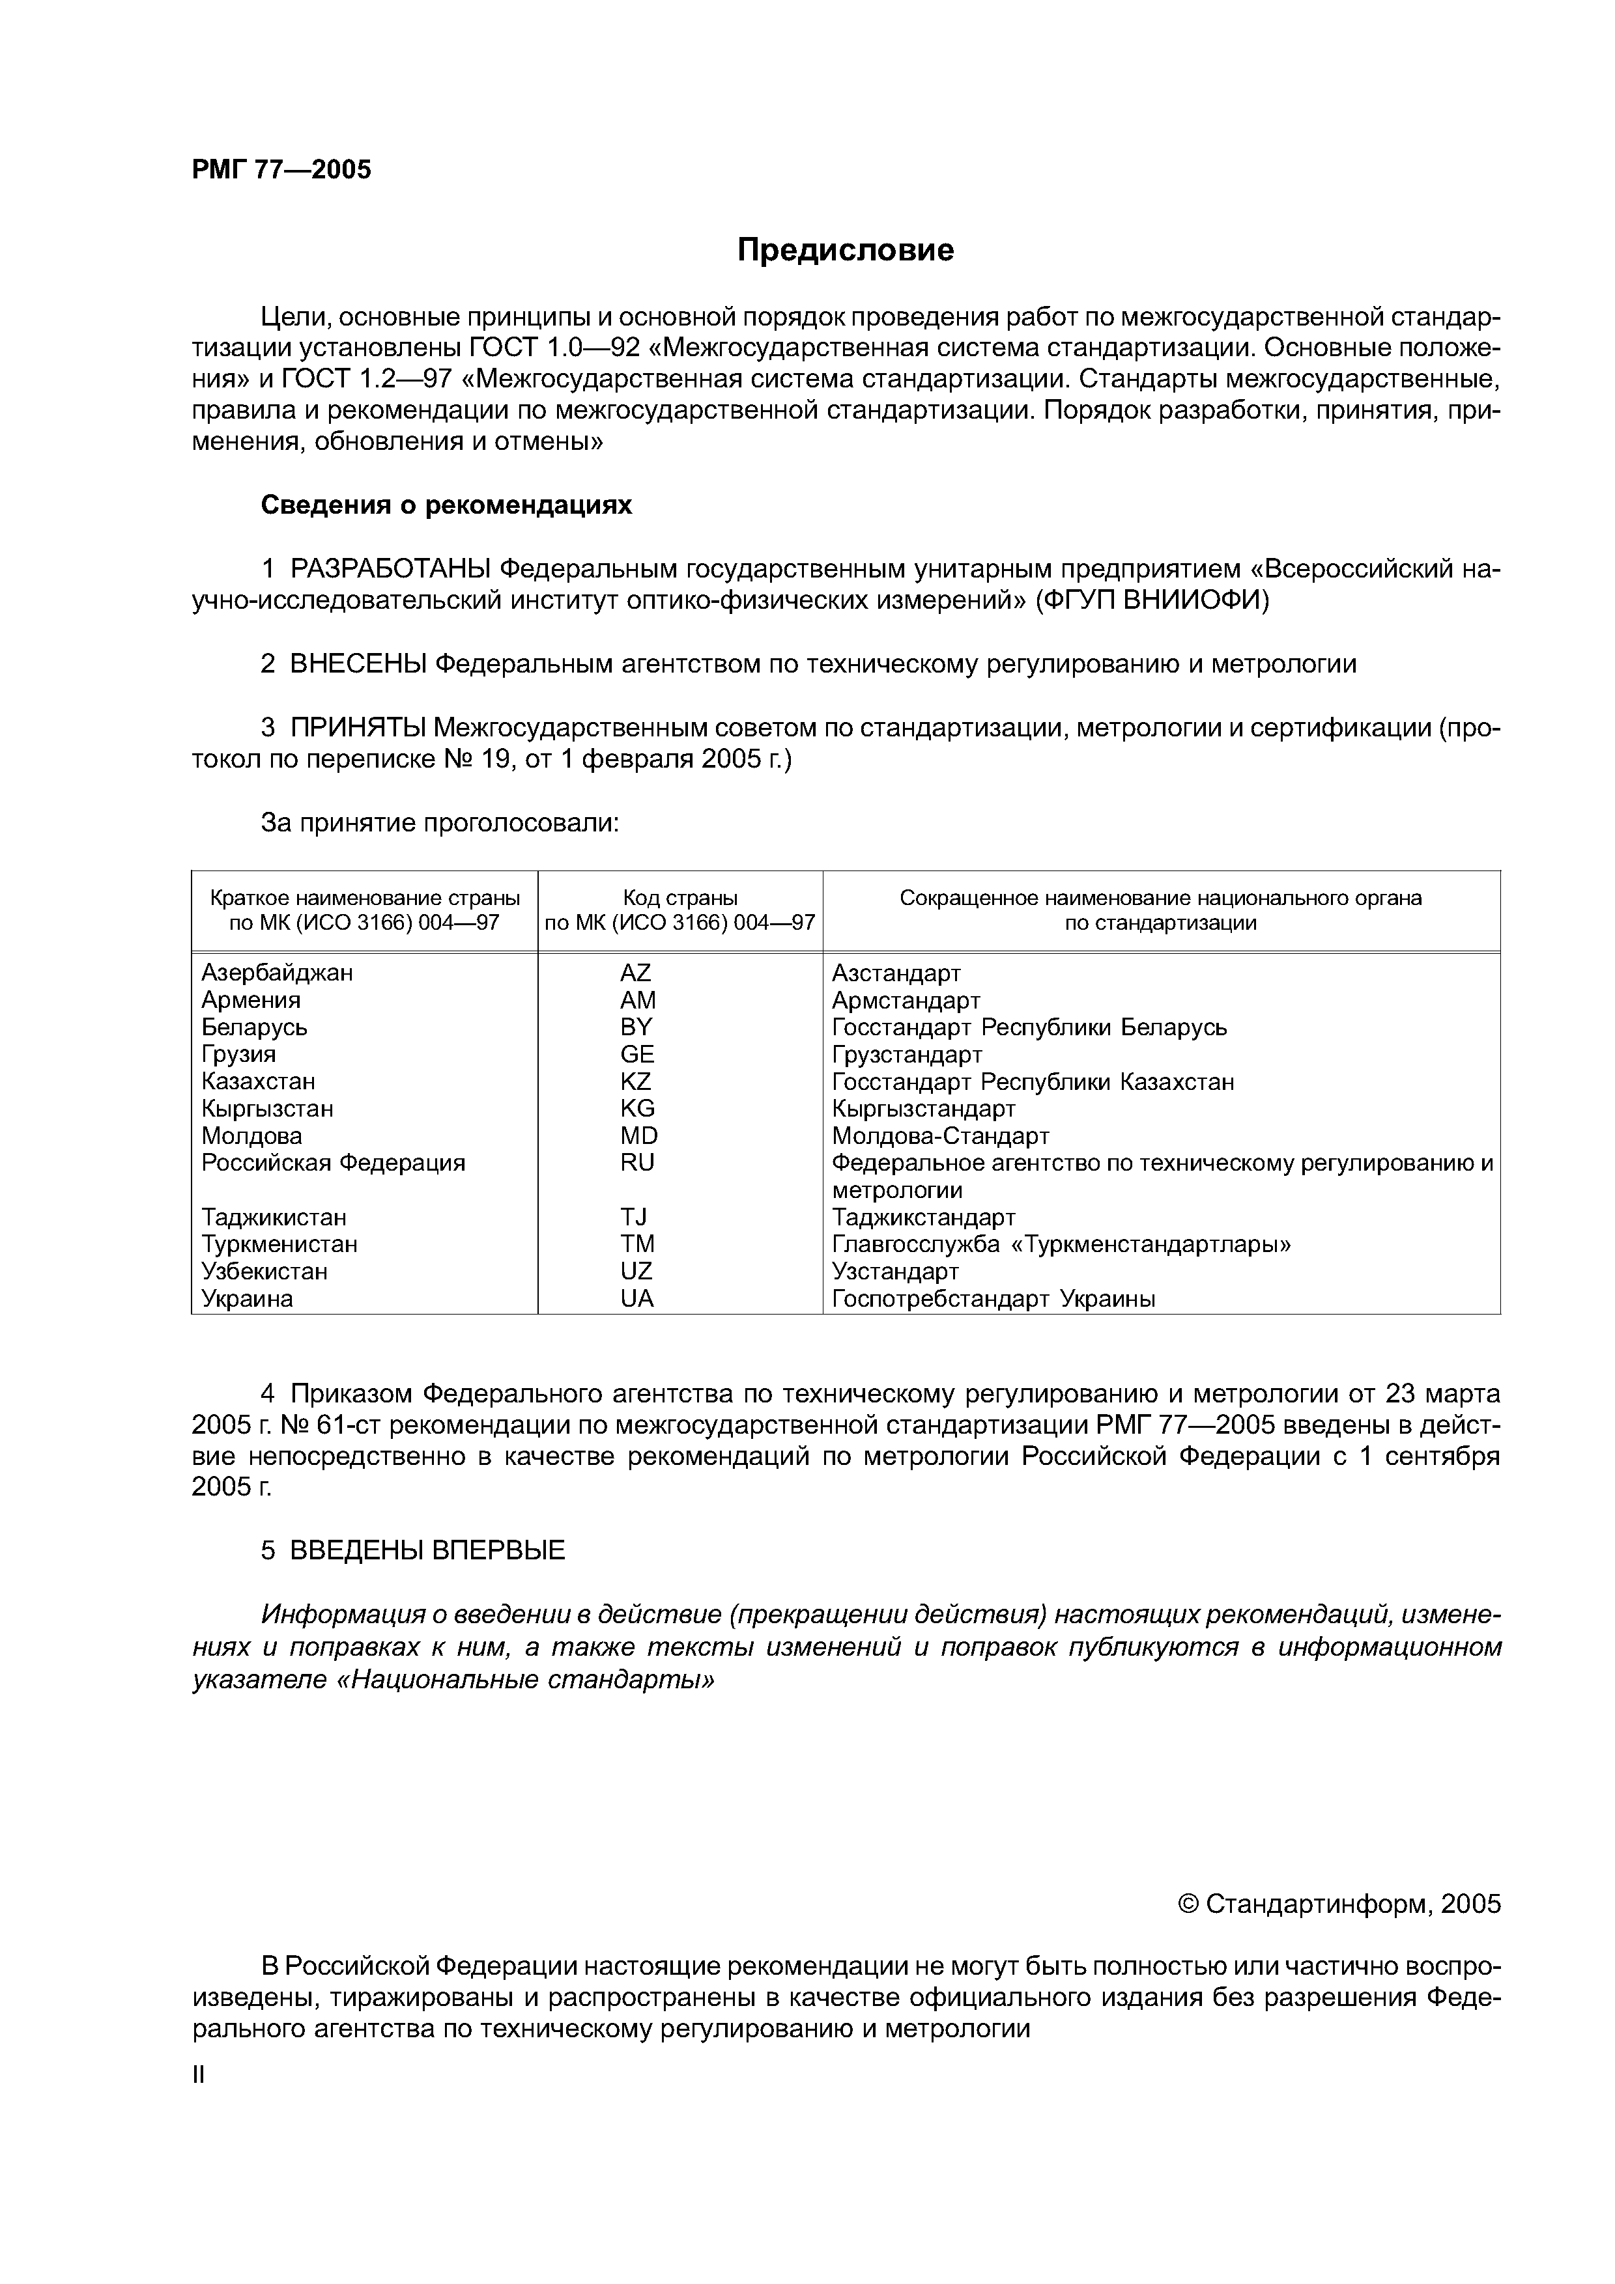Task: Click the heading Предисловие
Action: [845, 249]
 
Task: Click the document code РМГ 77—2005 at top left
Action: [281, 170]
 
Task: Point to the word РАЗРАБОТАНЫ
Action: [390, 569]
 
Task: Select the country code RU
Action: [637, 1162]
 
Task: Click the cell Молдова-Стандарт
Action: [940, 1135]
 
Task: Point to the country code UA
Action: [637, 1298]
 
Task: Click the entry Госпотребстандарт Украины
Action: [993, 1298]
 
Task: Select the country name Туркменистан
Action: [279, 1244]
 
